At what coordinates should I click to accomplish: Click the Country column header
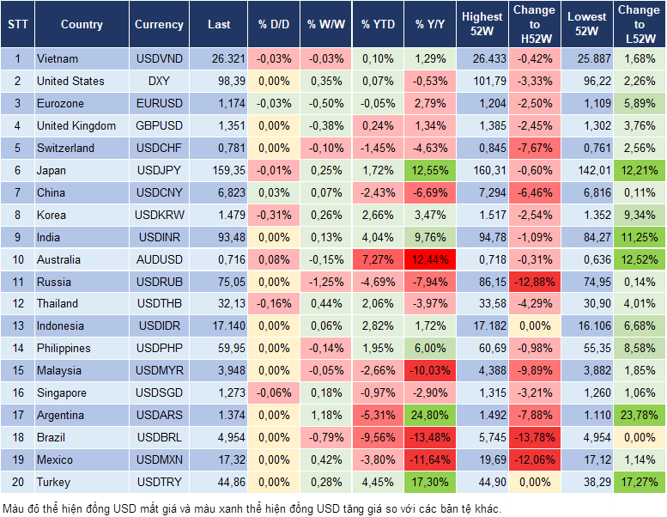tap(82, 25)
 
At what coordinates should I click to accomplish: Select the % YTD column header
tap(378, 25)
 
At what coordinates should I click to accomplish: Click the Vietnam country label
tap(58, 59)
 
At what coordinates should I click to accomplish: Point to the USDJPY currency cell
tap(159, 171)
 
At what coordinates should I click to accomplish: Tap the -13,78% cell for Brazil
tap(534, 438)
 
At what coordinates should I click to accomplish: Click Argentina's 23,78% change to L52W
tap(640, 416)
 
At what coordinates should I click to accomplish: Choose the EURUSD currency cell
tap(159, 104)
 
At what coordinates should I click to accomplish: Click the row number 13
tap(17, 326)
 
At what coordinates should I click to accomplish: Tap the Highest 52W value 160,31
tap(483, 171)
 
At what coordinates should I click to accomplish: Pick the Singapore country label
tap(62, 393)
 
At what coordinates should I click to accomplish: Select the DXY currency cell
tap(159, 82)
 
